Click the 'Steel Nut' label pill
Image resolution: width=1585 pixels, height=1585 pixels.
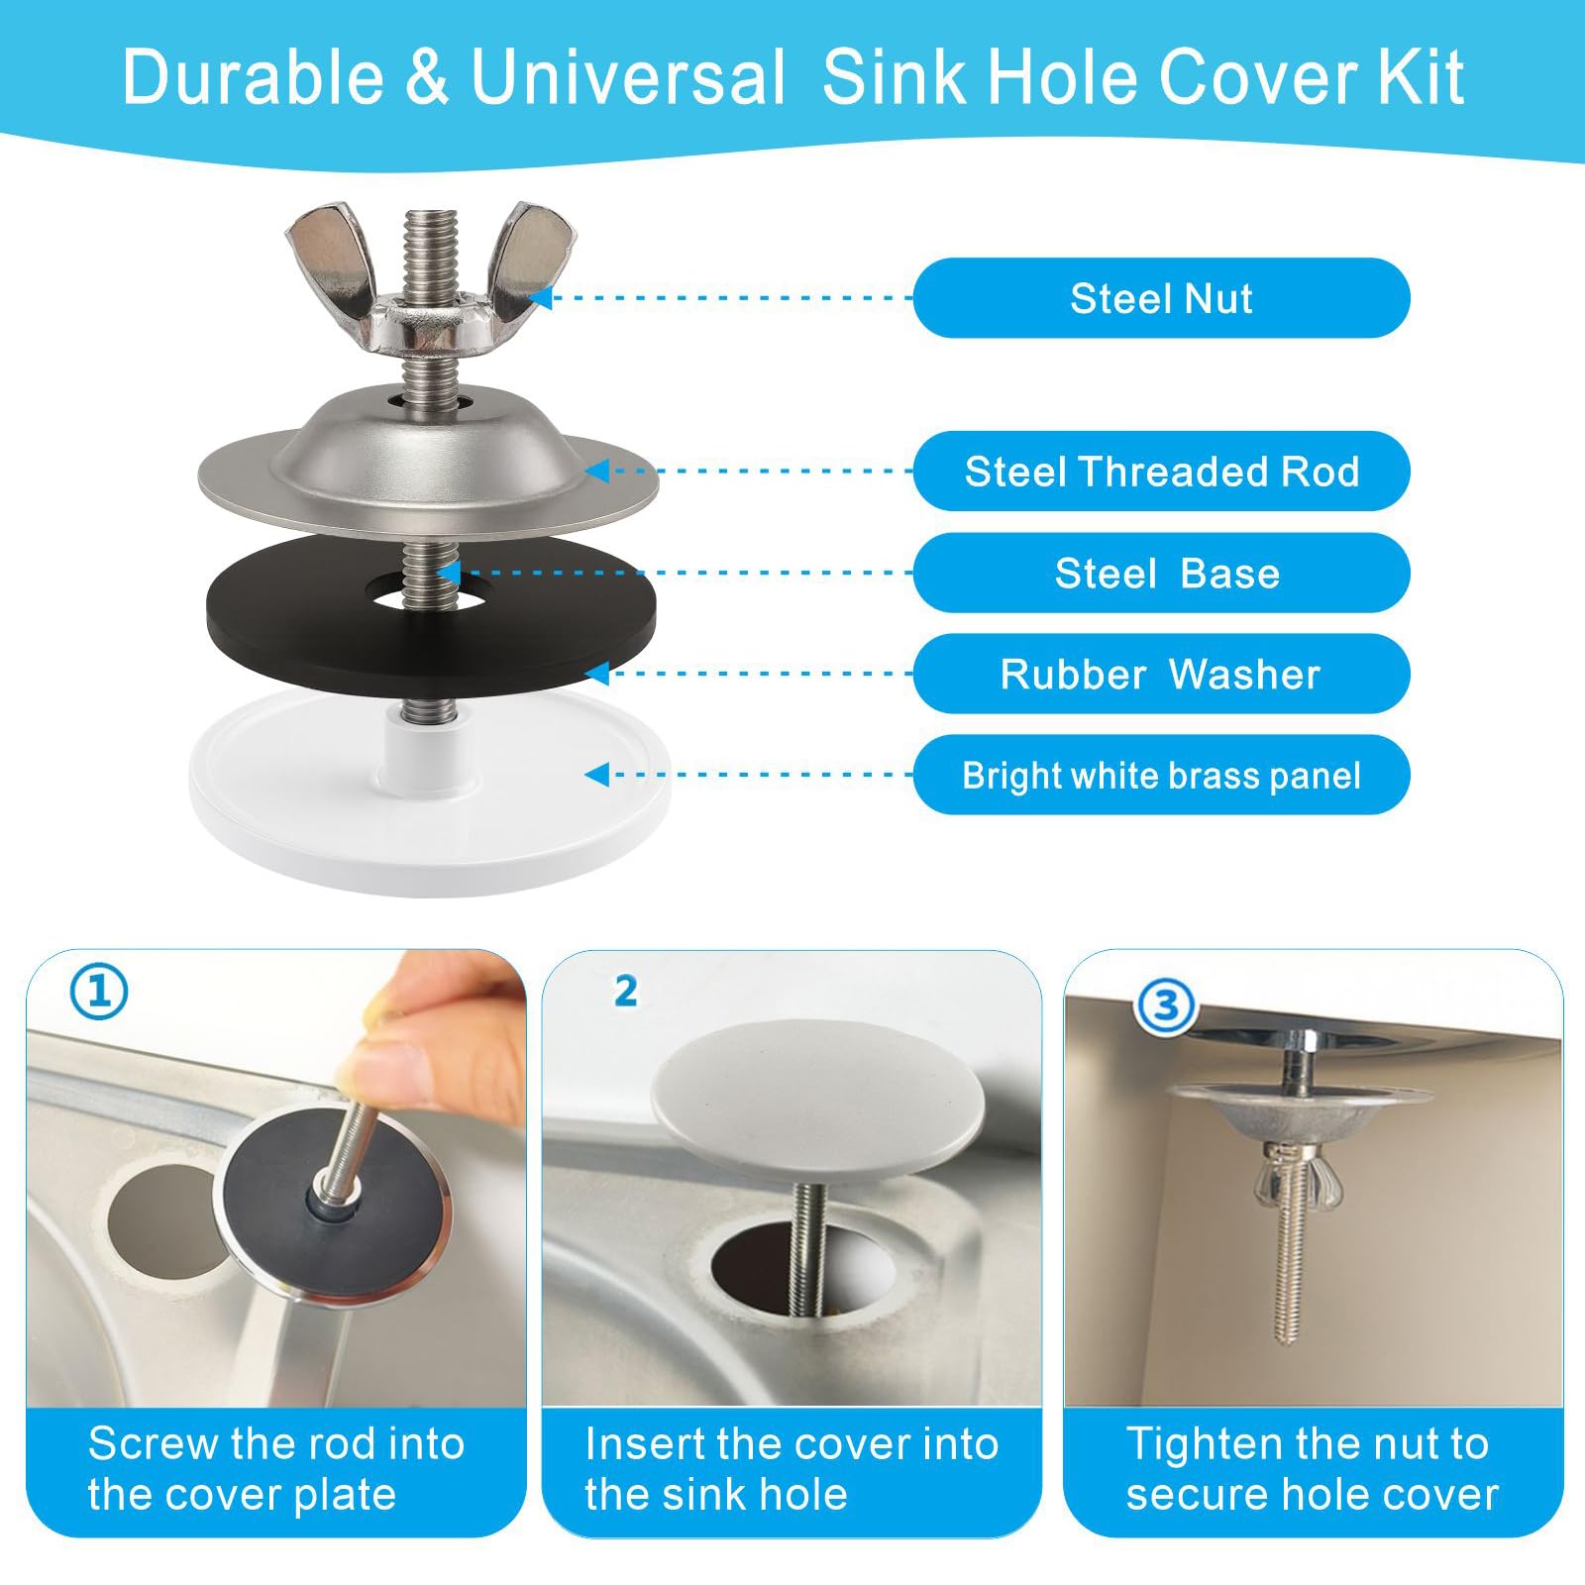coord(1161,298)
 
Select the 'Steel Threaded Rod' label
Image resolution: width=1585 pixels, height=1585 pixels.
coord(1161,472)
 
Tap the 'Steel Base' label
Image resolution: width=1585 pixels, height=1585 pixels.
coord(1161,573)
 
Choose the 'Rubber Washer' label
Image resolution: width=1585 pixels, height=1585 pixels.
coord(1161,674)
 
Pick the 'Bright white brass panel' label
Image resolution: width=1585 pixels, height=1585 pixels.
coord(1161,775)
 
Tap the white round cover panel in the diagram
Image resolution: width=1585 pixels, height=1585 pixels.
coord(430,802)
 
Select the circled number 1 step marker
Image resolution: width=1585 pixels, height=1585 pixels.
coord(99,992)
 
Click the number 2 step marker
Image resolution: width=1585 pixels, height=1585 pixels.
coord(625,991)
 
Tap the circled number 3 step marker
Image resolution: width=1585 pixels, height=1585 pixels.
coord(1166,1006)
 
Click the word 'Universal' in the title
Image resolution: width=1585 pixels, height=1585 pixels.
coord(628,77)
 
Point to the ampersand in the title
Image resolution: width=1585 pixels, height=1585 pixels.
coord(427,77)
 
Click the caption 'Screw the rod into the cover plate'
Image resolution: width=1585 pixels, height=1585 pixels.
coord(276,1469)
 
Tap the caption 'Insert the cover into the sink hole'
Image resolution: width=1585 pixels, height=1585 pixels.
coord(792,1469)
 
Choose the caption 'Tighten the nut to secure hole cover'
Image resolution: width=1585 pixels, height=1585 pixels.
coord(1312,1469)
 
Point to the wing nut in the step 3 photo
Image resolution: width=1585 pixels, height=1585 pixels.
coord(1288,1173)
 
